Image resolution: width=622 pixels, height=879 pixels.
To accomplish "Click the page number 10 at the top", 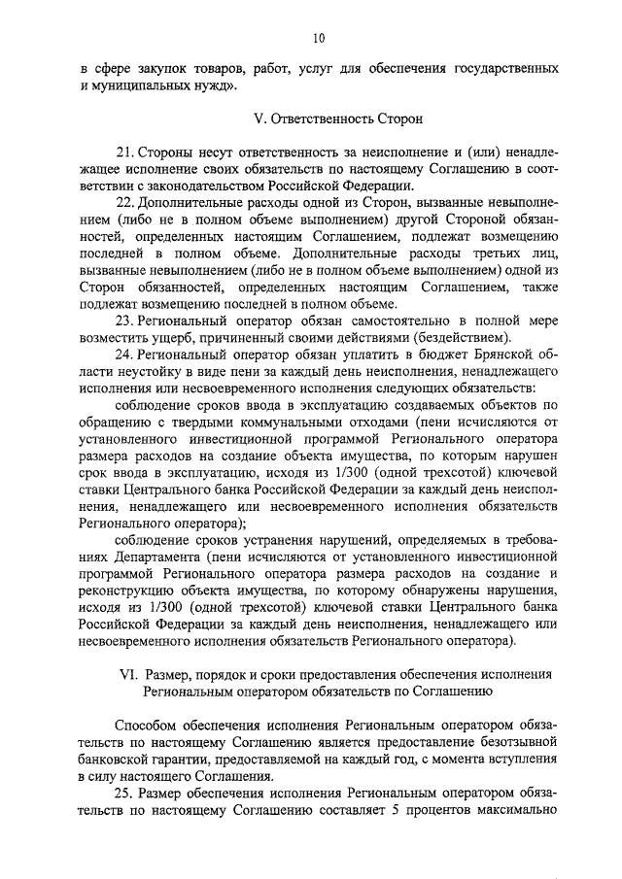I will tap(318, 38).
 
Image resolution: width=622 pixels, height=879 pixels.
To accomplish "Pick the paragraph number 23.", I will tap(123, 320).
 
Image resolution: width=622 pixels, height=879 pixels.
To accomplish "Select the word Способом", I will tap(147, 726).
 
